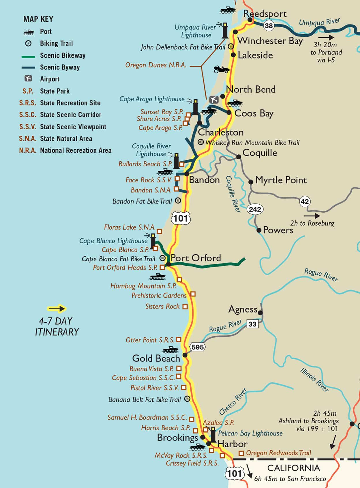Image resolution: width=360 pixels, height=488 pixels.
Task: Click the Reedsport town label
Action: coord(265,14)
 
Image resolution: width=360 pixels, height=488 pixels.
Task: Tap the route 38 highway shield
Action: coord(269,26)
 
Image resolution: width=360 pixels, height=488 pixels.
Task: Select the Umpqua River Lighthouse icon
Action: coord(225,31)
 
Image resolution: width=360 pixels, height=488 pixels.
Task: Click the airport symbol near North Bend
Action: coord(214,100)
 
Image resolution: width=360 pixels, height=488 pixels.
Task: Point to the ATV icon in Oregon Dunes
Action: coord(221,69)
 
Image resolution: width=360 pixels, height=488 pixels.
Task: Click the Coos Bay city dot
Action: coord(229,113)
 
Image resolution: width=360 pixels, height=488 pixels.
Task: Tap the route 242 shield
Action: coord(255,209)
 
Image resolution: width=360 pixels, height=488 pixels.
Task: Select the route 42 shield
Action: coord(305,201)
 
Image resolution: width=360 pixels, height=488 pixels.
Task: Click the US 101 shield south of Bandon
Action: coord(181,218)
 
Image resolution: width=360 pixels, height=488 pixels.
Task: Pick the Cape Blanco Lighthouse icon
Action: coord(153,241)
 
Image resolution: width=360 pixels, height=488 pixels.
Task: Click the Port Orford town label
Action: coord(196,258)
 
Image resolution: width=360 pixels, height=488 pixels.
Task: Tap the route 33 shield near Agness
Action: coord(252,324)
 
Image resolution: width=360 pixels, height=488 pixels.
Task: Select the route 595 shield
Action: coord(198,347)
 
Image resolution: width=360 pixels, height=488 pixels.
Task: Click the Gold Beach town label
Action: coord(156,358)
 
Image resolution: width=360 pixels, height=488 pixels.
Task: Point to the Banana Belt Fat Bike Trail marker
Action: coord(187,399)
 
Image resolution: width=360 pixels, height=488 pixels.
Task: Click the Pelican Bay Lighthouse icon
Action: coord(213,435)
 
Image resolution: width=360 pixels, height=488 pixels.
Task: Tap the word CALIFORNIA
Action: coord(293,468)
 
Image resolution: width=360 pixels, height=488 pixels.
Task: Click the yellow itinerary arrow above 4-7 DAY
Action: coord(57,309)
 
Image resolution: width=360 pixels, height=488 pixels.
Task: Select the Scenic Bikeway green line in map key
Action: coord(28,57)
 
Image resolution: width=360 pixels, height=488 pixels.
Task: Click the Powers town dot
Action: coord(259,230)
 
